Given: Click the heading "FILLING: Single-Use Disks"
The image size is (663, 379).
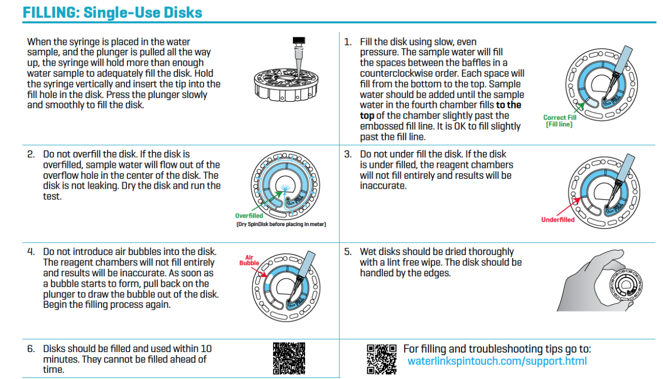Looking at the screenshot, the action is point(112,12).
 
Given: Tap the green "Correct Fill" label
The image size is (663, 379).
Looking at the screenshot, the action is point(560,117).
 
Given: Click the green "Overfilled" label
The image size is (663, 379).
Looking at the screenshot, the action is point(249,216).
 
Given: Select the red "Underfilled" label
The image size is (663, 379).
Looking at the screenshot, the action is point(558,220).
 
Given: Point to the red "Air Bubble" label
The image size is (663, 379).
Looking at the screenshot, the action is point(249,260).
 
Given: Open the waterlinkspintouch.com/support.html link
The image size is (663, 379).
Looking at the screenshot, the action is point(497,361).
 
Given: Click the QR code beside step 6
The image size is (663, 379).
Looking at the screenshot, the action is point(289,358).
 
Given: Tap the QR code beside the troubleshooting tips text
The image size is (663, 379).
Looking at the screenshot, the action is point(382,359).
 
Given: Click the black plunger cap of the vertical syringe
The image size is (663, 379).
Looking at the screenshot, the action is point(299,40).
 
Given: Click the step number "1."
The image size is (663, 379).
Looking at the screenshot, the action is point(348,42).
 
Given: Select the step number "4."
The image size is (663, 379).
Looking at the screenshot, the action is point(31,251).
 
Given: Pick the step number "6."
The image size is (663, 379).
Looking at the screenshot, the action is point(31,348).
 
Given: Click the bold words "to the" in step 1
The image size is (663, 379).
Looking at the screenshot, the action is point(509,105).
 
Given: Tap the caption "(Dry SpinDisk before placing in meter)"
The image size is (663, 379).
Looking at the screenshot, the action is point(281,224).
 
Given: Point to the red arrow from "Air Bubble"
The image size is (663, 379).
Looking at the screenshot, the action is point(259,272).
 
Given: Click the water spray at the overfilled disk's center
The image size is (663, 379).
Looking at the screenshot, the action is point(285,188).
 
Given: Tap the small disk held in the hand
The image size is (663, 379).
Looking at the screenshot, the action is point(626,285).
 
